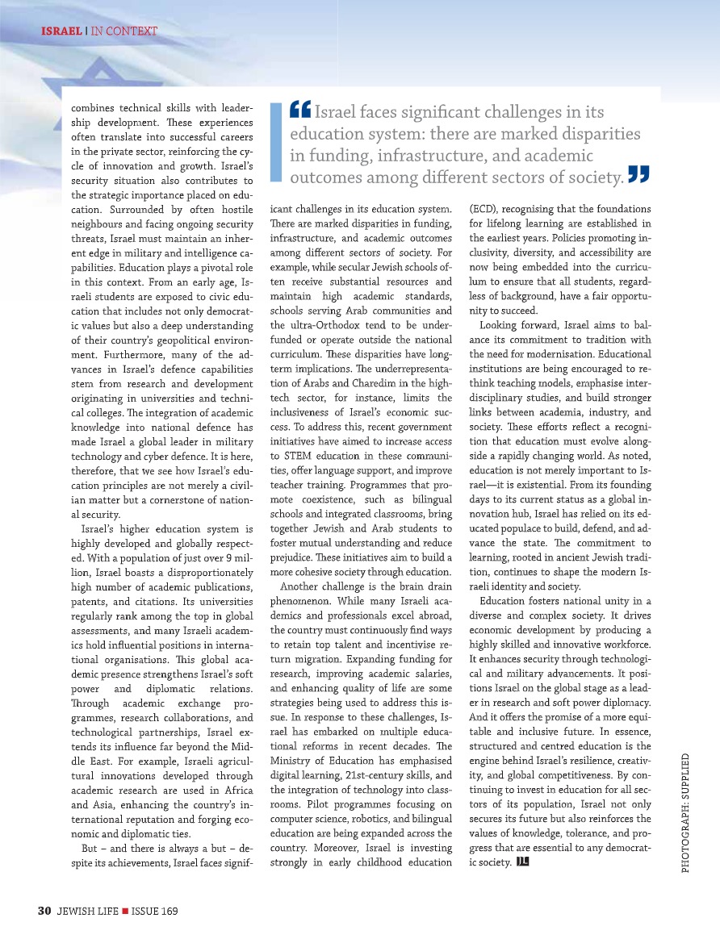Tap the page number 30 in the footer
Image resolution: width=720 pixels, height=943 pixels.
(45, 911)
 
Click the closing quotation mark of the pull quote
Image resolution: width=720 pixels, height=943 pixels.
(638, 173)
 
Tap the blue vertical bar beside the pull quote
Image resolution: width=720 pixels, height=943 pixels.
(276, 142)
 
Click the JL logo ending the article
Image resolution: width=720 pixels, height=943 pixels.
(521, 863)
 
